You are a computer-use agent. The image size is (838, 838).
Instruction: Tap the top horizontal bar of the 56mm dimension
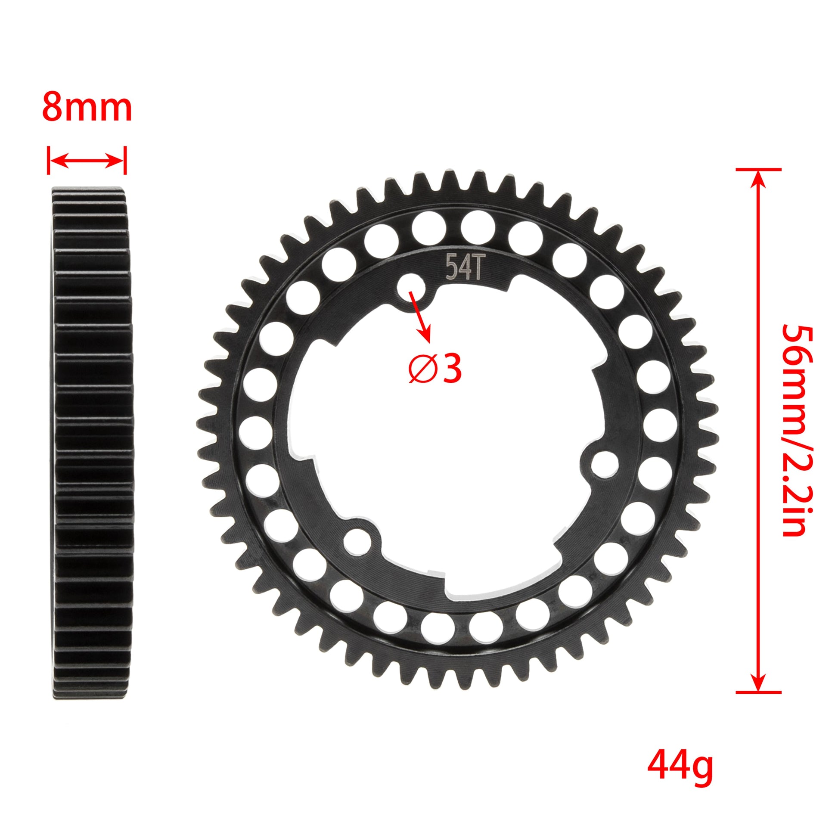[758, 170]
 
